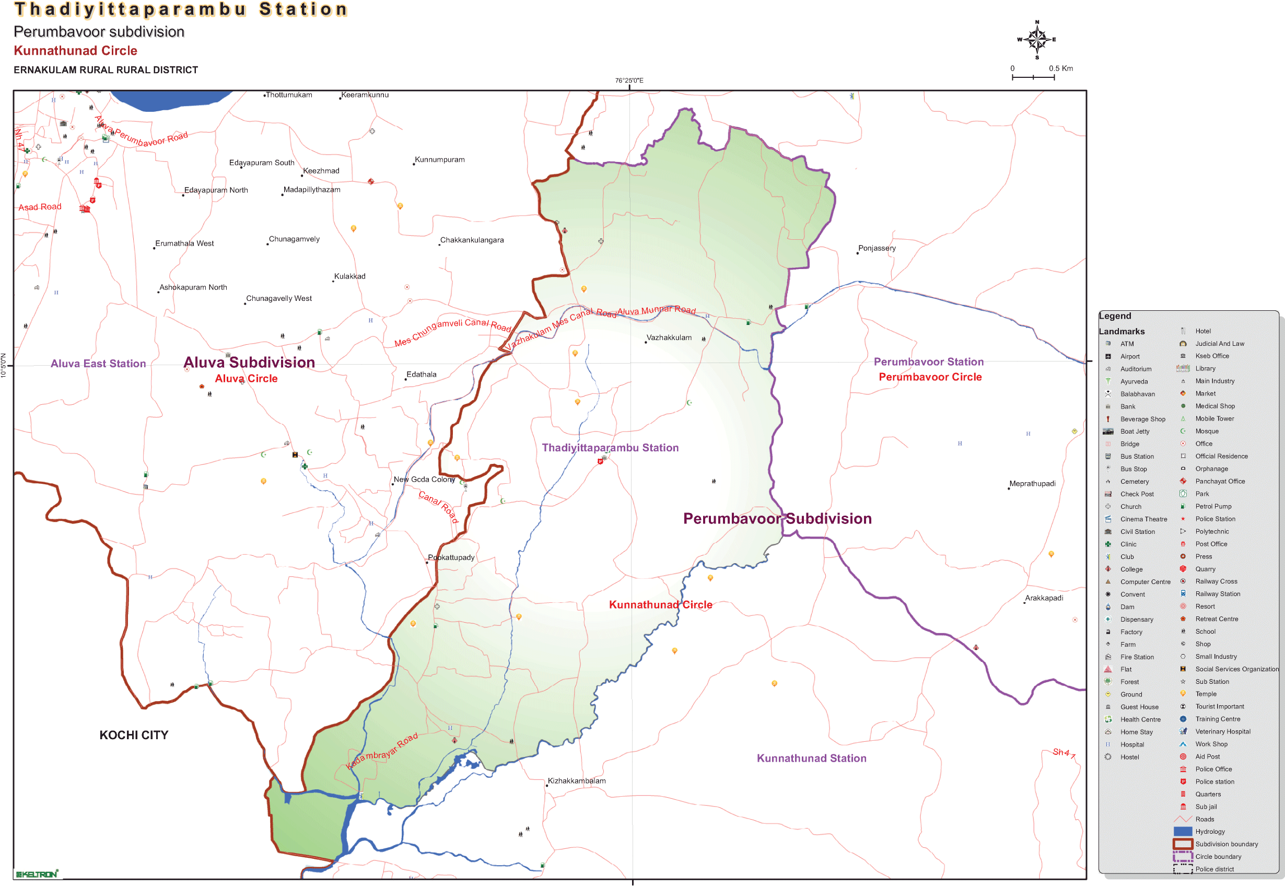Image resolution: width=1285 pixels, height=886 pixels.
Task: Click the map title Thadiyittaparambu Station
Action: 181,9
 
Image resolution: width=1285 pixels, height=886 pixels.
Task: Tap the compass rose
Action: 1036,39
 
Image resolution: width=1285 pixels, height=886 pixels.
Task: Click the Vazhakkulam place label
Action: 669,337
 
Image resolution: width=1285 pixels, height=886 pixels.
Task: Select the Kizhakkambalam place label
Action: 577,780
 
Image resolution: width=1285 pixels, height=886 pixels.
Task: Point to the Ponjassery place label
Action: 877,248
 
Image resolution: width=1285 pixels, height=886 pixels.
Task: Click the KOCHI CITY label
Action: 134,735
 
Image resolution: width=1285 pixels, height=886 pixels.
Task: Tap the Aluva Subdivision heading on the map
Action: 249,363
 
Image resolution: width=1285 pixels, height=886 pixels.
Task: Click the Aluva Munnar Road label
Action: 656,311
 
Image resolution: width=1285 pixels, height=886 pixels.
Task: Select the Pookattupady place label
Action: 451,557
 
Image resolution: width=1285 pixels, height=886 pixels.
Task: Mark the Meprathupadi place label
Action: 1032,484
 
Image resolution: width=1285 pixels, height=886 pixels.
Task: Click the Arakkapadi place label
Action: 1044,598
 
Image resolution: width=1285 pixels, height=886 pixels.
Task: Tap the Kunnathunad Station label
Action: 811,759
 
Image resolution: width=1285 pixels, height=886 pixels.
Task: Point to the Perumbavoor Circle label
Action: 930,377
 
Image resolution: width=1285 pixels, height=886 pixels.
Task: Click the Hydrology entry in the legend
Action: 1209,832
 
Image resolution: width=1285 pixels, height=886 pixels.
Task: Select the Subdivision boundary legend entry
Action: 1226,844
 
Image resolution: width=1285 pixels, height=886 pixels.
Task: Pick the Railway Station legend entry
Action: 1217,594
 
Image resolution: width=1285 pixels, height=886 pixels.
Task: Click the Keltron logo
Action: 36,875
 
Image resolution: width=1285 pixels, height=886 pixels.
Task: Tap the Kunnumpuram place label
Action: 440,160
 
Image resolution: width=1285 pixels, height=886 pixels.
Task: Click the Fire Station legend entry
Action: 1136,657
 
